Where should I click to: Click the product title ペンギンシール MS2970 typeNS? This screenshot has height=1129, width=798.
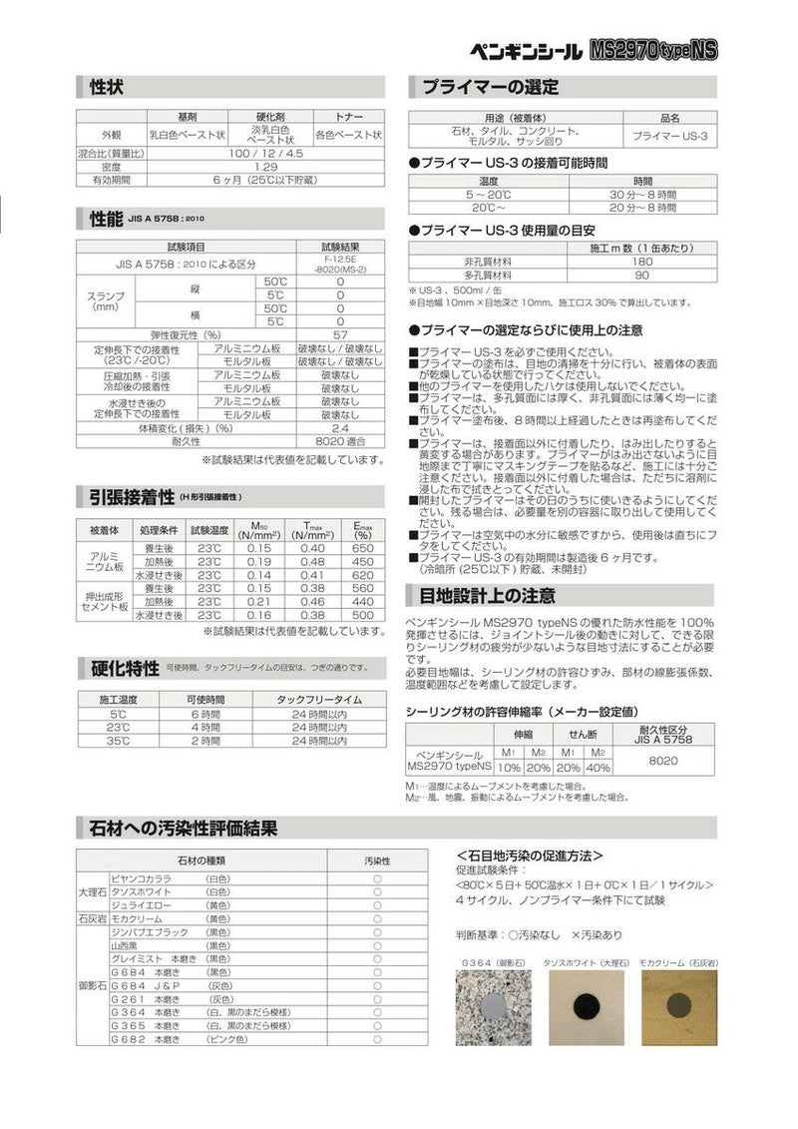594,51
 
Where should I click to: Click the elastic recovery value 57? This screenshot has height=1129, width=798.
339,334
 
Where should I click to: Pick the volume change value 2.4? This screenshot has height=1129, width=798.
339,427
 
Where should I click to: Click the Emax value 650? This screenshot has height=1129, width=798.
362,548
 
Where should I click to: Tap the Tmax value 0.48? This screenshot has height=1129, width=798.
312,561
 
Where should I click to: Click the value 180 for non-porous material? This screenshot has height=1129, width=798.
642,262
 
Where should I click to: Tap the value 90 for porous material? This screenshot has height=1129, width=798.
642,275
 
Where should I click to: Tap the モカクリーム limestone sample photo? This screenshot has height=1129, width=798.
678,1009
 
